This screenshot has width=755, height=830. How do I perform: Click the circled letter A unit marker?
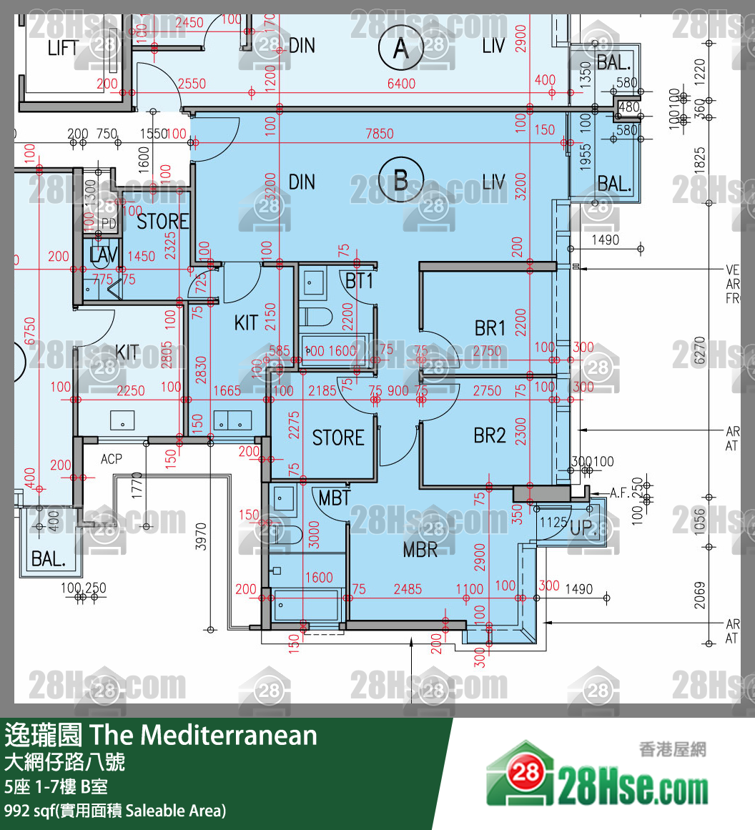400,49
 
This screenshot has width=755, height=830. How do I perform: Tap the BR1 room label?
490,328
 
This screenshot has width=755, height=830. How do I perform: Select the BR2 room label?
490,435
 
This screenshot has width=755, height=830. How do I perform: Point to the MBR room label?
420,549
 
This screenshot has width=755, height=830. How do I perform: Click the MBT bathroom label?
334,498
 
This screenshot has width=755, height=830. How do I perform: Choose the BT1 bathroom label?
359,281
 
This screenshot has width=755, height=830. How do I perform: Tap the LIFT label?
63,48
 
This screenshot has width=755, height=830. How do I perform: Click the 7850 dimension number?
380,134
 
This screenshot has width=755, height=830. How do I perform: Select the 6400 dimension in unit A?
401,84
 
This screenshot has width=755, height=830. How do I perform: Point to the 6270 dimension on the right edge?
700,351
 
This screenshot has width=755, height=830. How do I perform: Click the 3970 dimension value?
201,537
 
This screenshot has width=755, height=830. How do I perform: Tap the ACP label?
112,459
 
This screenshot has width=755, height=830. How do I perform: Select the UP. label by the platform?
581,528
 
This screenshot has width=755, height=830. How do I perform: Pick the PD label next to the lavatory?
108,224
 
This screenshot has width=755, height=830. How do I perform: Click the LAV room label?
104,255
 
